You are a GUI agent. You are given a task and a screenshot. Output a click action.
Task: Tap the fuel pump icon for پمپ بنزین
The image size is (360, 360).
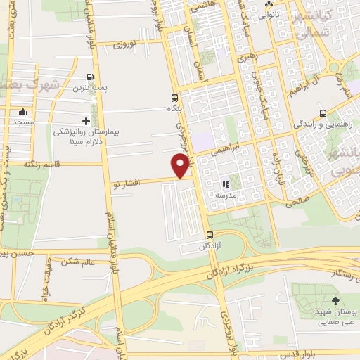[x=89, y=77]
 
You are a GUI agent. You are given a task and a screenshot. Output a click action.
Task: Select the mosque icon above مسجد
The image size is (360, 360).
[x=23, y=111]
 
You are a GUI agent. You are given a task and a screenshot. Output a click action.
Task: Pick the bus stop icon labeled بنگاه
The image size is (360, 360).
[x=174, y=98]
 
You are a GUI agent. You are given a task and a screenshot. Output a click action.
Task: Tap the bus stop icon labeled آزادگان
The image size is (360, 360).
[x=210, y=236]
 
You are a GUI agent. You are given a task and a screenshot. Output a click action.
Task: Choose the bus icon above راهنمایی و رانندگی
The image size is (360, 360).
[x=323, y=112]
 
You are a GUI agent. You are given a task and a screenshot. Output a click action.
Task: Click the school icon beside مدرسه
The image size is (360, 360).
[x=226, y=185]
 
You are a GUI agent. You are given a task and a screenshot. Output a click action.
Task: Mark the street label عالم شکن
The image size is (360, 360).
[x=78, y=262]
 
